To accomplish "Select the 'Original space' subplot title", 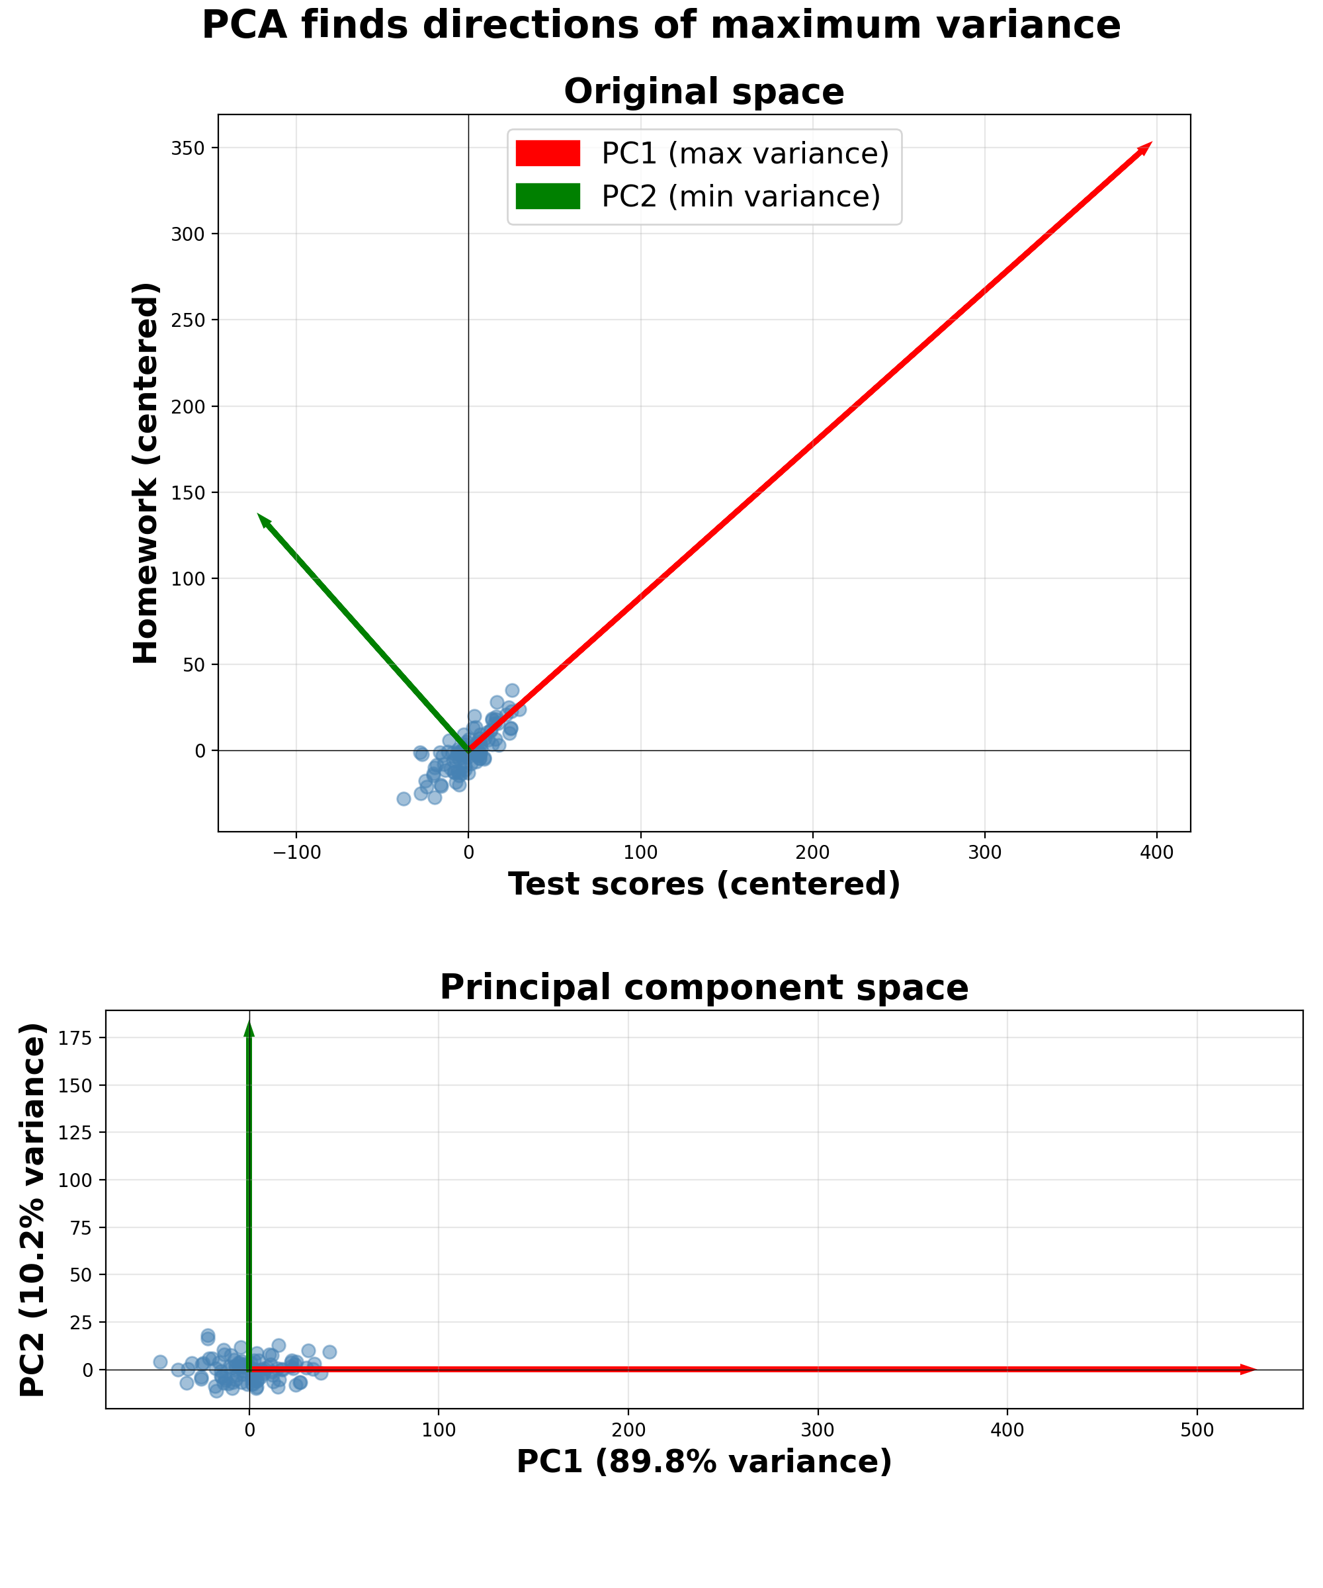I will (x=704, y=92).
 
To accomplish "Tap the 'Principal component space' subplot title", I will (x=704, y=988).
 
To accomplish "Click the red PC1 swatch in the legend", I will (x=547, y=154).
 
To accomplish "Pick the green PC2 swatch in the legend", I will (x=547, y=197).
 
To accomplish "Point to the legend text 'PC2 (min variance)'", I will (x=741, y=197).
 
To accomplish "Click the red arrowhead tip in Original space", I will (x=1150, y=144).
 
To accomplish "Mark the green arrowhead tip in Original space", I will (x=259, y=515).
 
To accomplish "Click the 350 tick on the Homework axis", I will (x=189, y=148).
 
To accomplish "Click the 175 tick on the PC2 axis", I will (x=78, y=1038).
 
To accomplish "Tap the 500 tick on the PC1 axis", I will (x=1197, y=1431).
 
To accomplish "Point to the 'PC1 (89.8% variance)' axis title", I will (x=704, y=1462).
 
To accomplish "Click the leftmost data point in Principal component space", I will (x=160, y=1362).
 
